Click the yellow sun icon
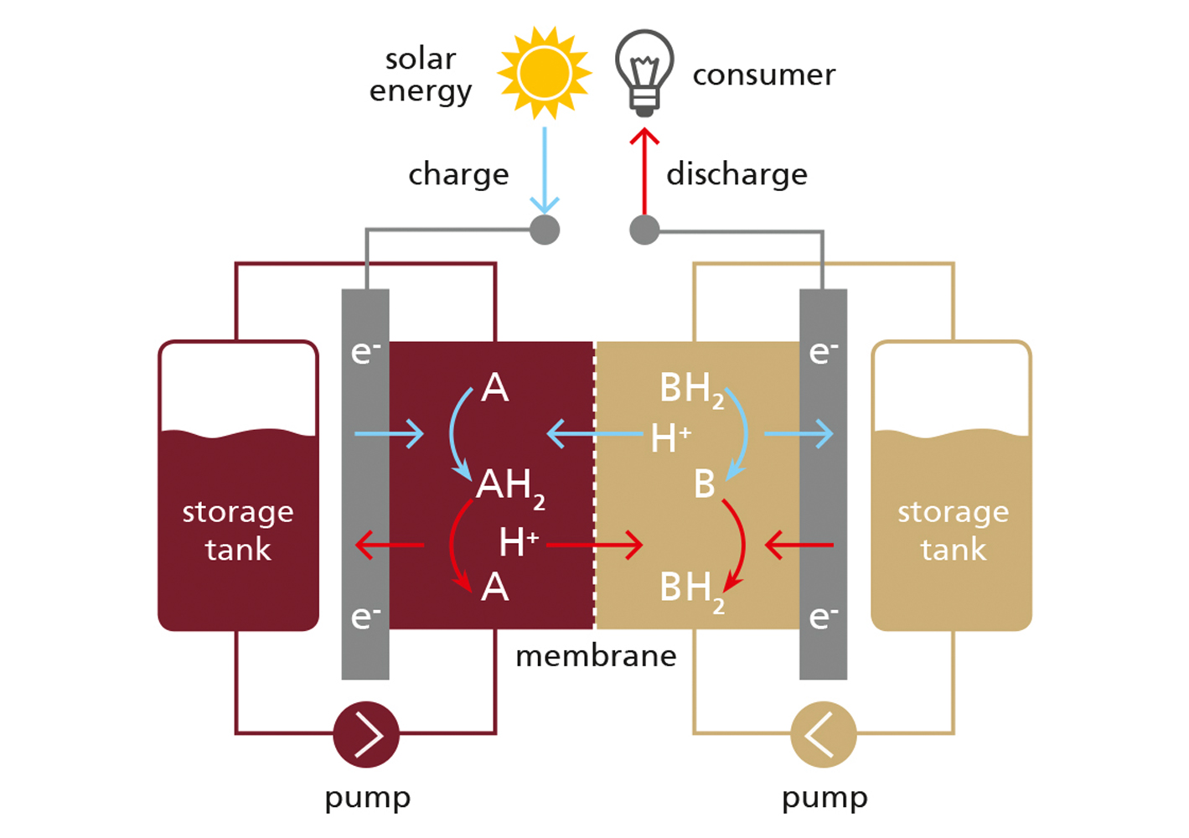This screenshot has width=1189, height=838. coord(545,73)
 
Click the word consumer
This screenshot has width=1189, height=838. coord(763,75)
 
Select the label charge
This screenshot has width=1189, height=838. coord(458,174)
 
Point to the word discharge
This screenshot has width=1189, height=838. coord(737,174)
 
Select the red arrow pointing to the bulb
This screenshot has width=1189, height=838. coord(644,172)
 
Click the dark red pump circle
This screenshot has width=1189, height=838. coord(366,734)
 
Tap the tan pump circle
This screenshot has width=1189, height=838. coord(824,734)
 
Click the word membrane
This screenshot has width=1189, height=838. coord(596,655)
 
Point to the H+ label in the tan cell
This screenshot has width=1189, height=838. coord(671,437)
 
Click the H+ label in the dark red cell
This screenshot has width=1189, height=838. coord(519,542)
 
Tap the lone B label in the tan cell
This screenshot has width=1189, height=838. coord(705,484)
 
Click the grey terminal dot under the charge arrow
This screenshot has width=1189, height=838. coord(545,230)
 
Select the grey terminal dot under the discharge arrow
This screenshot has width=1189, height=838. coord(644,230)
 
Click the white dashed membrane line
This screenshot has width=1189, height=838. coord(595,486)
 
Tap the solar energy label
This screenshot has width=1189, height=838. coord(421,75)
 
